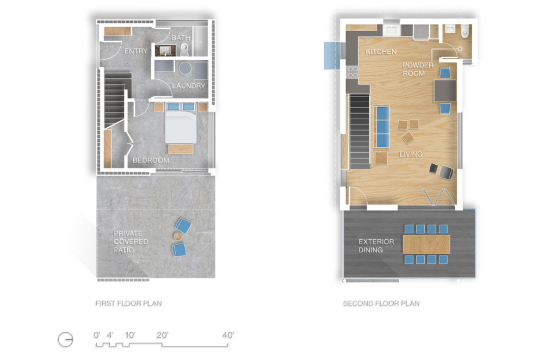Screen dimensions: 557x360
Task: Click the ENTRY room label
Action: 135,51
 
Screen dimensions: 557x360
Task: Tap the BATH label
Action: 181,38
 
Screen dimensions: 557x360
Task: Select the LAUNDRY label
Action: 189,86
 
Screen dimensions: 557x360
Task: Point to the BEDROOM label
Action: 151,160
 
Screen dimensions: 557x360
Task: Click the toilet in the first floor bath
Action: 184,49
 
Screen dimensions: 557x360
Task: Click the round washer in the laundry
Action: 185,68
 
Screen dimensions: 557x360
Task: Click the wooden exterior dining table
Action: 426,244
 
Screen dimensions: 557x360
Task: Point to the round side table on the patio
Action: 178,237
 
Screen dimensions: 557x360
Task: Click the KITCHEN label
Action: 381,52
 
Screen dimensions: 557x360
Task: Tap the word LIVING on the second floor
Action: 411,154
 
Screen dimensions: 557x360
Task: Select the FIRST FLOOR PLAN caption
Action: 128,303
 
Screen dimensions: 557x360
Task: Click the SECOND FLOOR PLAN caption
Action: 381,303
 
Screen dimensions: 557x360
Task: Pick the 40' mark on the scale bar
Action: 228,335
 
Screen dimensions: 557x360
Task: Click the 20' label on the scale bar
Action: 162,335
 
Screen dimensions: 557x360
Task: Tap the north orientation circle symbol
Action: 66,340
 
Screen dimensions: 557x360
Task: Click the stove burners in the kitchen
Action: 352,72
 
